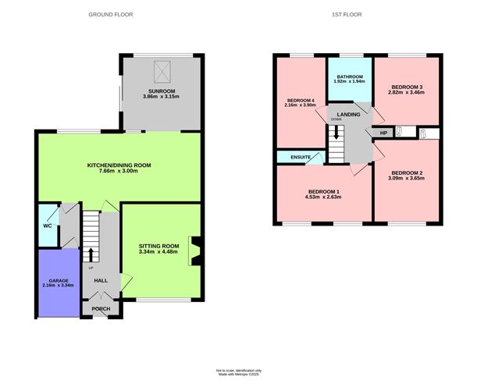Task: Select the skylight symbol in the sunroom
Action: click(162, 72)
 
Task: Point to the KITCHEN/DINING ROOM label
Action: click(119, 165)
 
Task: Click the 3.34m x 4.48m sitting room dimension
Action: click(158, 252)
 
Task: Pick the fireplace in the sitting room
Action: click(194, 251)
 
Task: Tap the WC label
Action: click(47, 227)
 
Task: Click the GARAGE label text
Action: click(59, 280)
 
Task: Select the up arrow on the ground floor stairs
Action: click(91, 254)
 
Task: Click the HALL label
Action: click(101, 280)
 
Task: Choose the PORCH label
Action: click(101, 308)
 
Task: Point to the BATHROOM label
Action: click(350, 76)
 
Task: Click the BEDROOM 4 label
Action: click(301, 101)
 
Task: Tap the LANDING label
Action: click(348, 115)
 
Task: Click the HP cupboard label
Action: click(383, 133)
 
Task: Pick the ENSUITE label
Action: click(301, 158)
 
